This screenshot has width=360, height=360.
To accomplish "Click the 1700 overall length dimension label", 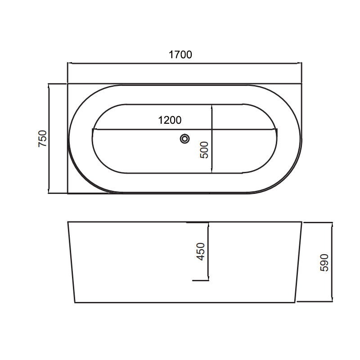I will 180,55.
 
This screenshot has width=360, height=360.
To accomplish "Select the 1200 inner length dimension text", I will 170,120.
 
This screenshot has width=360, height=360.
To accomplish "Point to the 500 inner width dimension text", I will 204,149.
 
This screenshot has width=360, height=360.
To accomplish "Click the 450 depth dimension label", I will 201,251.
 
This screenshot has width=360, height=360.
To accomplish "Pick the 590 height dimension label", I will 324,262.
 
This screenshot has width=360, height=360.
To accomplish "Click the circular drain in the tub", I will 184,139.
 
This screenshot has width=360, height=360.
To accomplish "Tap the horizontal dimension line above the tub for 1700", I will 135,63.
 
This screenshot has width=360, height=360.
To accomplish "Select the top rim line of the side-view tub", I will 135,222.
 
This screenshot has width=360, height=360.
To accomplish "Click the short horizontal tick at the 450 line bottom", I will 200,280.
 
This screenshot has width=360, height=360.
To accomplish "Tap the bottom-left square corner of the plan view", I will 67,193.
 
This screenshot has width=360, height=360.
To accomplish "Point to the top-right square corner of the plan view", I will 301,83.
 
